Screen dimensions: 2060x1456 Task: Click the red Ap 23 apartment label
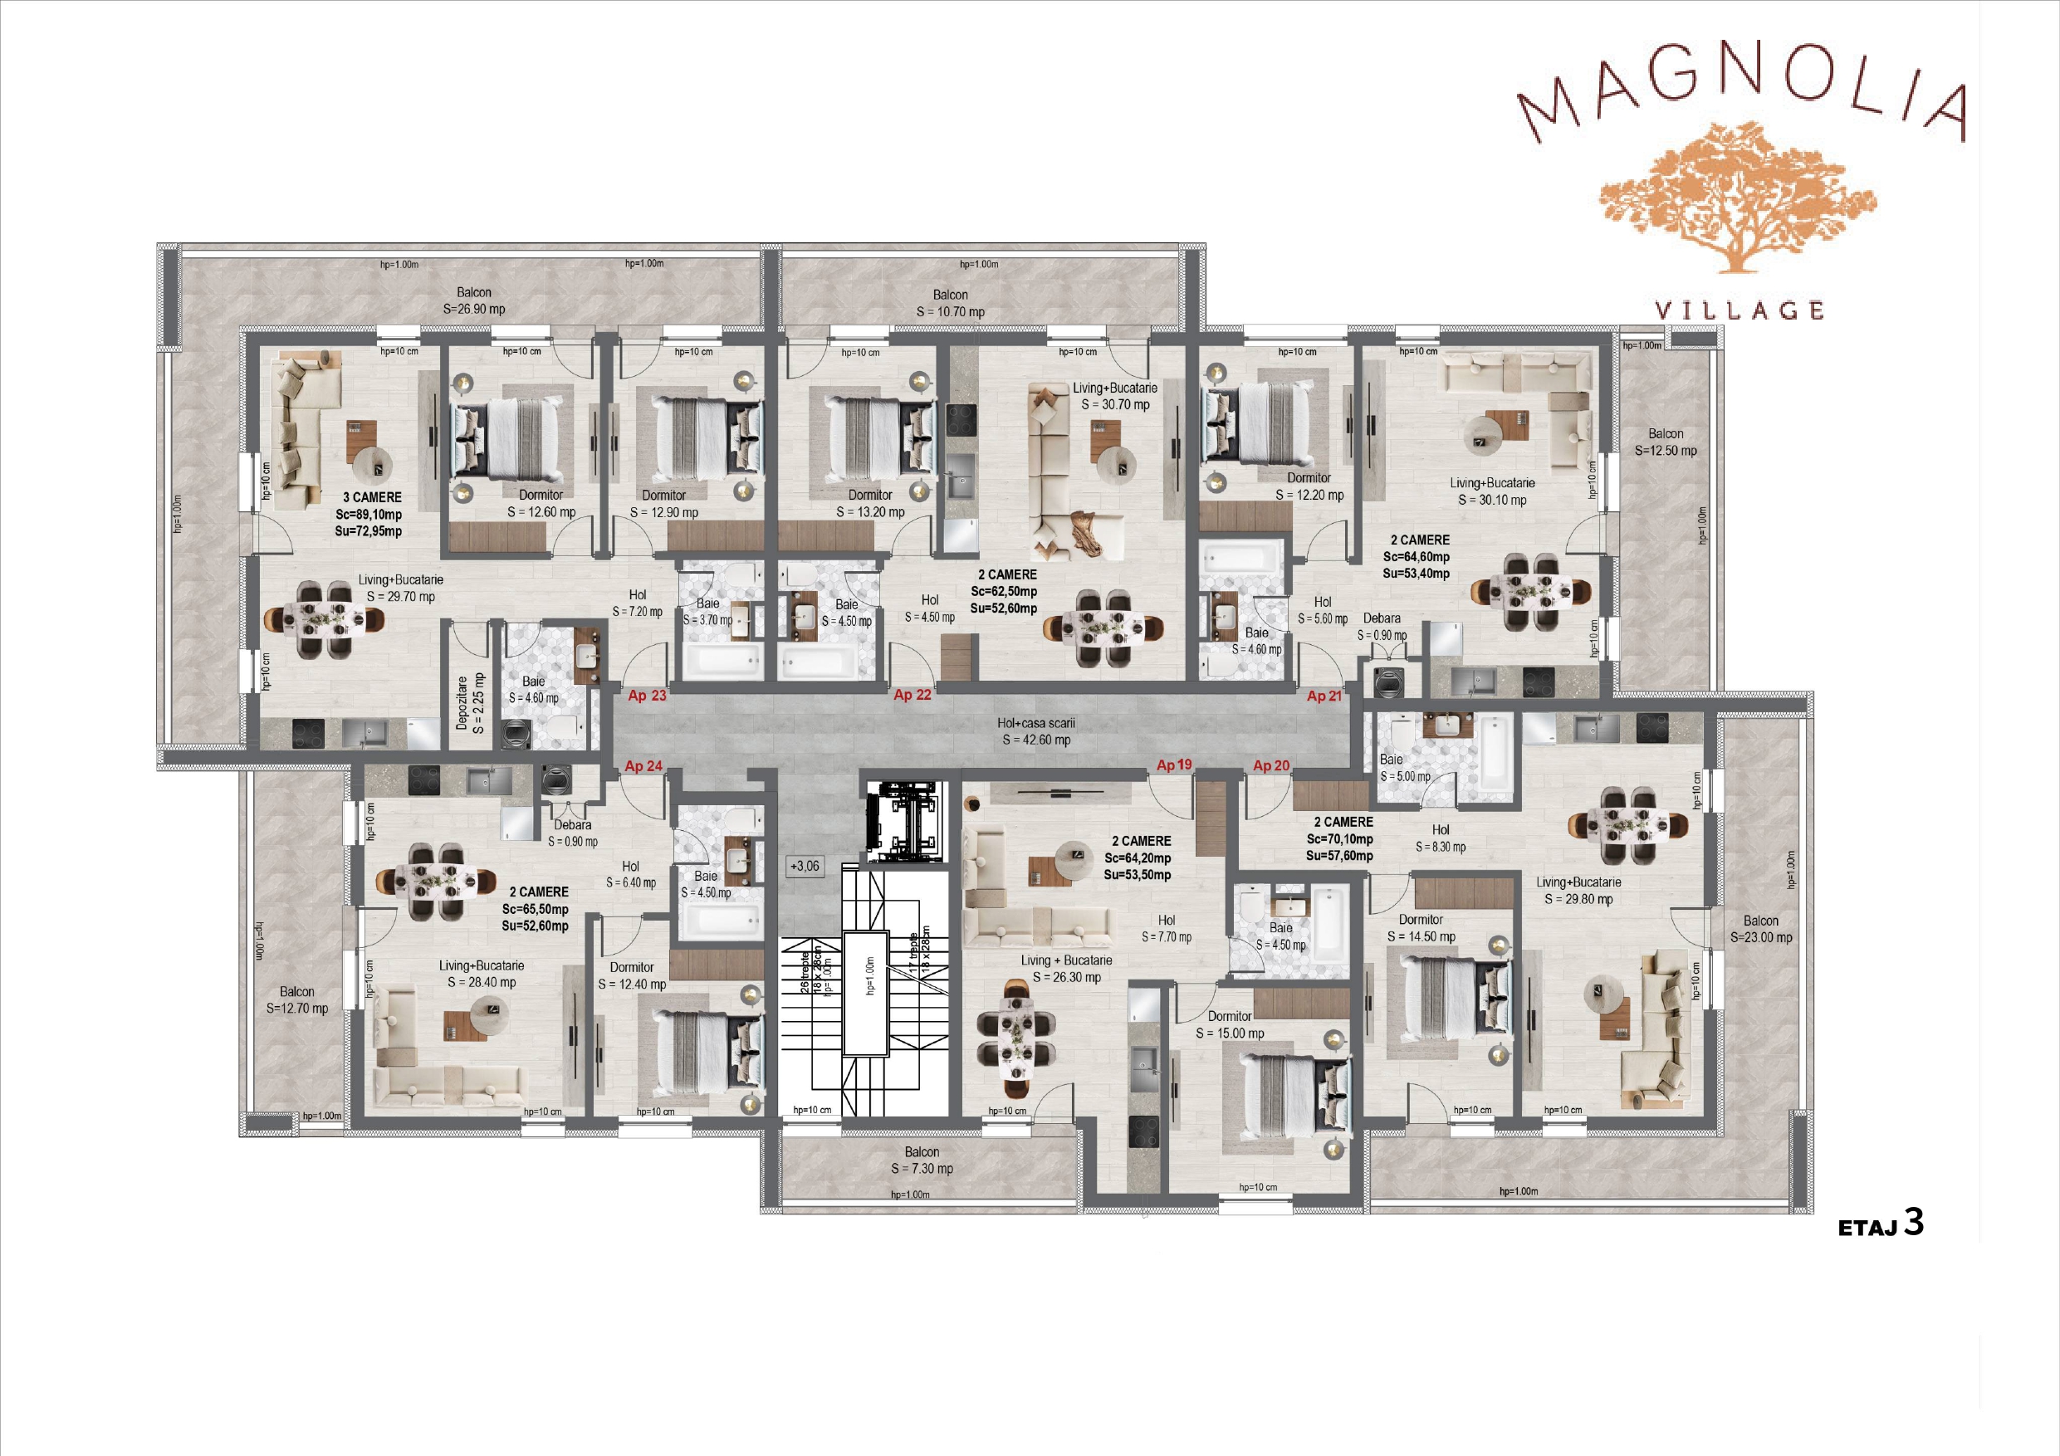[647, 696]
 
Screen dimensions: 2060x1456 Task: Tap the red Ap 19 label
[1173, 765]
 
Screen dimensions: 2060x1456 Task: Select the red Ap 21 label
[1324, 696]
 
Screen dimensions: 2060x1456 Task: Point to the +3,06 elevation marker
[805, 866]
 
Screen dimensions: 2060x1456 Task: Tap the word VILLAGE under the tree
[1739, 310]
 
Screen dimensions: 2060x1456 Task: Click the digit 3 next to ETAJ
[1914, 1222]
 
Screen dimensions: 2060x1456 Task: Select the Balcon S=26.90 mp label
[474, 300]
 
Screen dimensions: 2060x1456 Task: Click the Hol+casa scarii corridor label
[1036, 731]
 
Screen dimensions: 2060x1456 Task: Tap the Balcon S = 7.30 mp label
[922, 1160]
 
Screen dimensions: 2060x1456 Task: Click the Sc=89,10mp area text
[369, 514]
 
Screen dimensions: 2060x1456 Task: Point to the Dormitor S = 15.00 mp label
[1230, 1024]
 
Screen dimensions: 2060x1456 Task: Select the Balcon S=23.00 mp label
[1761, 929]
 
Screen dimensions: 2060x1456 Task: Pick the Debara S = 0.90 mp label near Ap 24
[572, 833]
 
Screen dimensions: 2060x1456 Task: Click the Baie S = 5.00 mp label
[1405, 768]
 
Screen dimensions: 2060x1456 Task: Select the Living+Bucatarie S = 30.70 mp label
[1115, 396]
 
